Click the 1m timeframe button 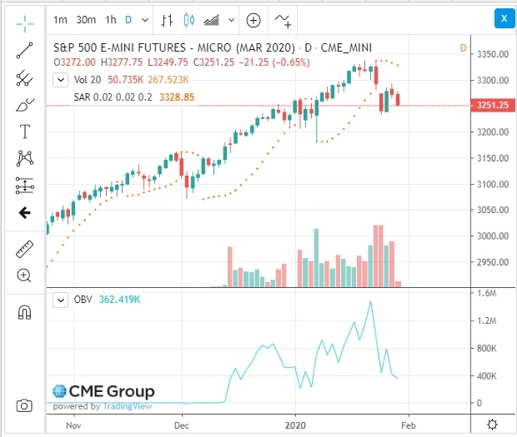point(60,19)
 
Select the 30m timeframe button point(85,19)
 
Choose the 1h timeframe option point(111,19)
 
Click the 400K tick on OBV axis point(486,375)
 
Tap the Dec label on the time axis point(183,424)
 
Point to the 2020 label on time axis point(295,424)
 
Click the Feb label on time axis point(409,424)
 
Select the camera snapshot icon point(24,405)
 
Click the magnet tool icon point(24,312)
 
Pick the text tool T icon point(24,132)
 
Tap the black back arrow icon point(24,213)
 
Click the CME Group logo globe point(60,391)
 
